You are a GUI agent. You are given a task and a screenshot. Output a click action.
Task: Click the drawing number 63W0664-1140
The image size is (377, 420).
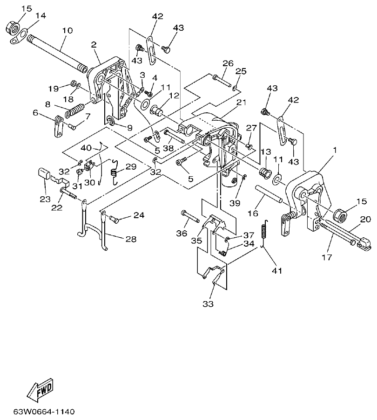tap(44, 412)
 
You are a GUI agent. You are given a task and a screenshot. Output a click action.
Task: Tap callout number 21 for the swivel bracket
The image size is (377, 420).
tap(241, 102)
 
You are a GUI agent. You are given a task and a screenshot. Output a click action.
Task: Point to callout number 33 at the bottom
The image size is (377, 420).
tap(208, 304)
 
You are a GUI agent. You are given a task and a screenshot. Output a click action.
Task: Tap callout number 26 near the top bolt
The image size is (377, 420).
tap(227, 63)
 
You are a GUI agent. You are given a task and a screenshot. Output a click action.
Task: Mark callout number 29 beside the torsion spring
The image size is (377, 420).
tap(130, 166)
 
